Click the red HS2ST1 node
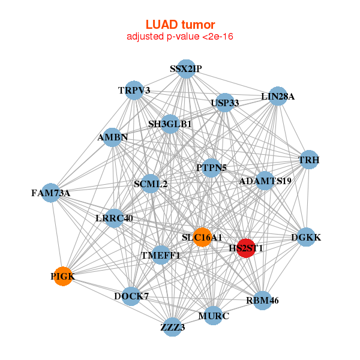point(246,248)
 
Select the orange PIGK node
point(62,276)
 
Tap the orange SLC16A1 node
point(202,237)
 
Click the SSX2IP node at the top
point(186,70)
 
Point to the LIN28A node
point(277,96)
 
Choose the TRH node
point(309,160)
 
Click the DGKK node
point(306,238)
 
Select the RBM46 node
point(262,300)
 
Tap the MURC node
point(214,315)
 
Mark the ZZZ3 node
point(173,327)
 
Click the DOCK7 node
point(131,296)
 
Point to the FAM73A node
point(52,193)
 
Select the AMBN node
point(113,137)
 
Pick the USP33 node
point(225,103)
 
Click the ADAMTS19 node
point(265,181)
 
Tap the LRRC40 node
point(114,218)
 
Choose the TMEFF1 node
point(160,255)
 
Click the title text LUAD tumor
point(180,25)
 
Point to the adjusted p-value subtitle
point(180,37)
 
